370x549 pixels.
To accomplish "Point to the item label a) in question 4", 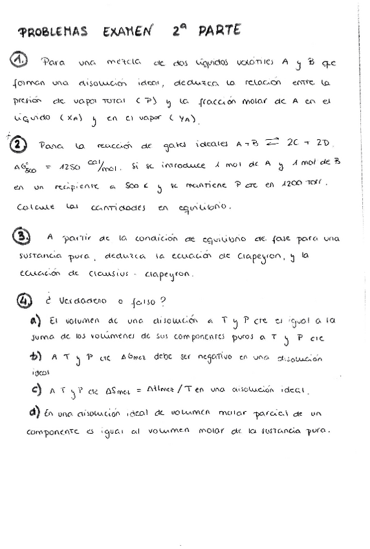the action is tap(36, 320).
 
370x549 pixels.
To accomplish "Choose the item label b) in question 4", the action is tap(35, 356).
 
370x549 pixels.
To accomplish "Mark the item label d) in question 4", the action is tap(34, 412).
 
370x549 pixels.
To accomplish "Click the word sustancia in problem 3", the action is tap(41, 256).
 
